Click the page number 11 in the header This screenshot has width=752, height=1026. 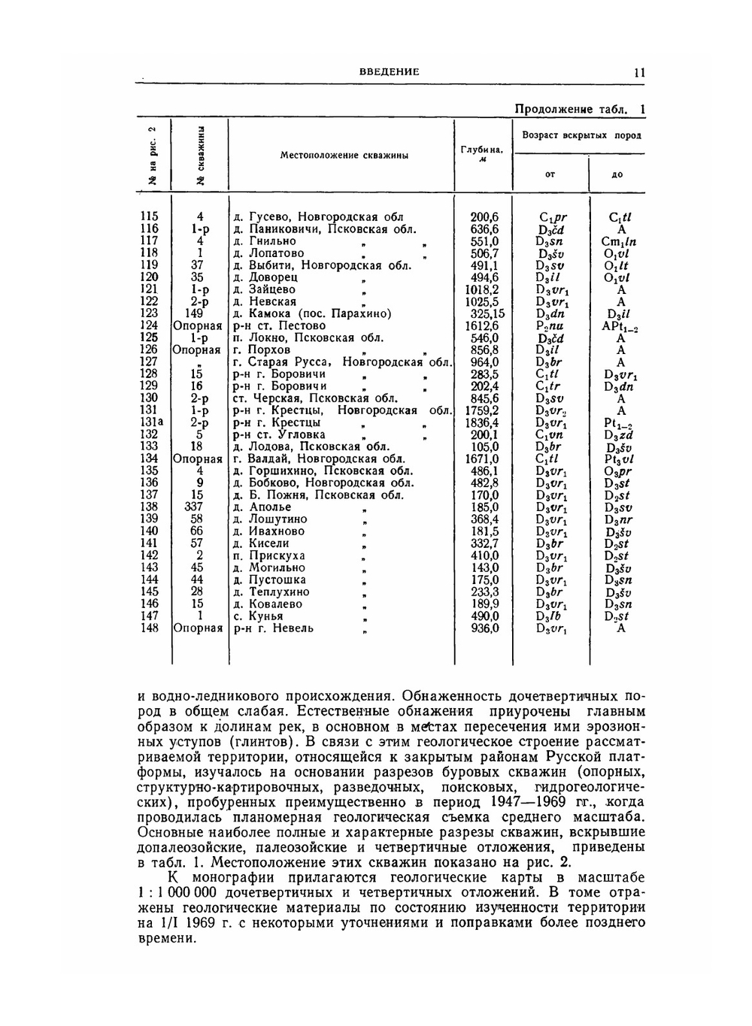[x=639, y=72]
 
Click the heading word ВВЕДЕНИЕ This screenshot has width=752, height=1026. [x=389, y=72]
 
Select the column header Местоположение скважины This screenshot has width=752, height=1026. [x=344, y=156]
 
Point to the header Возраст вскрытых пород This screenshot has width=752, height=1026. [x=581, y=135]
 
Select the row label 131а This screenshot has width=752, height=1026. [x=151, y=422]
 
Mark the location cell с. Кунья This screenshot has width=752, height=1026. [x=258, y=616]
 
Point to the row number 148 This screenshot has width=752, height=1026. [x=150, y=628]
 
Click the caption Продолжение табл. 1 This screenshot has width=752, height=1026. [x=580, y=109]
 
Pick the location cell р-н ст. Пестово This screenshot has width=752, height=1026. [x=279, y=325]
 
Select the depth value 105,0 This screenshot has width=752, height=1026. [x=484, y=446]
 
